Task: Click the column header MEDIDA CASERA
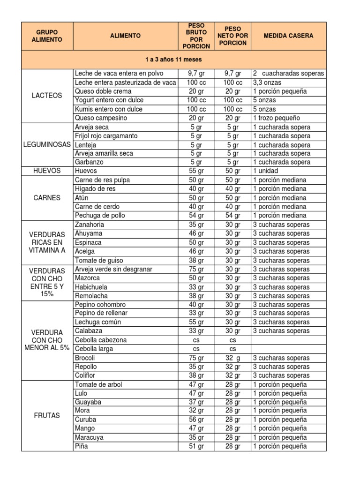288,36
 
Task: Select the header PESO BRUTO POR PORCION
196,36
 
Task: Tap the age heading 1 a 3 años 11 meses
173,60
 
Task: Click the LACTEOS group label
47,96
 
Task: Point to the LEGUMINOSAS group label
47,145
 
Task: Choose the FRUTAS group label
47,415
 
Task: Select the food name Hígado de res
95,189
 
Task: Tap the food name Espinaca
88,243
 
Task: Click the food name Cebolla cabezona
100,340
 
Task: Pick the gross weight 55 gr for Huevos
196,171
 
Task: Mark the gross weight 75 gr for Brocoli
196,358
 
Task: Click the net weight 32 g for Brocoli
232,358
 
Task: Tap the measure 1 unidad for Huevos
266,171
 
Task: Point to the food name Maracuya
89,437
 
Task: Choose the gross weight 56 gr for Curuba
196,420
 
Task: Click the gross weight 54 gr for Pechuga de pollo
196,216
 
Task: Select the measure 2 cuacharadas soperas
288,74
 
